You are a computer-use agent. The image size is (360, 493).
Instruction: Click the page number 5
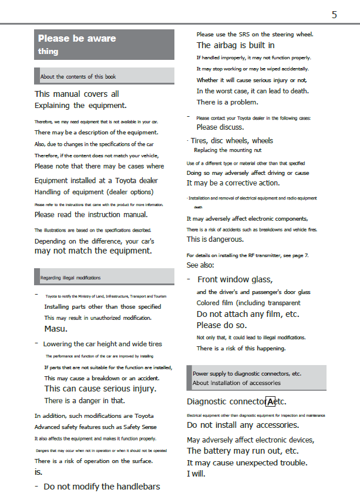point(334,15)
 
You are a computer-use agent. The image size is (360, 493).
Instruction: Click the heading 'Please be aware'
point(77,39)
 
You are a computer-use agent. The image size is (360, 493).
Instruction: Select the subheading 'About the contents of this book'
point(78,77)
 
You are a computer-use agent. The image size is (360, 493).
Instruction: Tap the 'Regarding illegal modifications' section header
point(70,278)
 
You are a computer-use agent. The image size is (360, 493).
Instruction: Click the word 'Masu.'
point(56,329)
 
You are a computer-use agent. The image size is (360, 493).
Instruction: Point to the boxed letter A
point(270,401)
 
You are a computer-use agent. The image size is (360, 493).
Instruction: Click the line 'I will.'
point(196,474)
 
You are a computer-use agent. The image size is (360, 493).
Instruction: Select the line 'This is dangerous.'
point(215,239)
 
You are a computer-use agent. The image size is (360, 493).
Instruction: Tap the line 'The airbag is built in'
point(235,45)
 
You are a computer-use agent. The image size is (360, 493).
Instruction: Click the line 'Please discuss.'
point(220,127)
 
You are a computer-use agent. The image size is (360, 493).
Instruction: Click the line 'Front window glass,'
point(235,280)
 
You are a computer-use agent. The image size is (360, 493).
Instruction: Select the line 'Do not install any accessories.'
point(243,425)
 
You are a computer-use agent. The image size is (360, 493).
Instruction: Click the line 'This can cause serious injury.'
point(100,389)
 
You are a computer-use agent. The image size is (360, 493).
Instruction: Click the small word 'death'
point(198,207)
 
